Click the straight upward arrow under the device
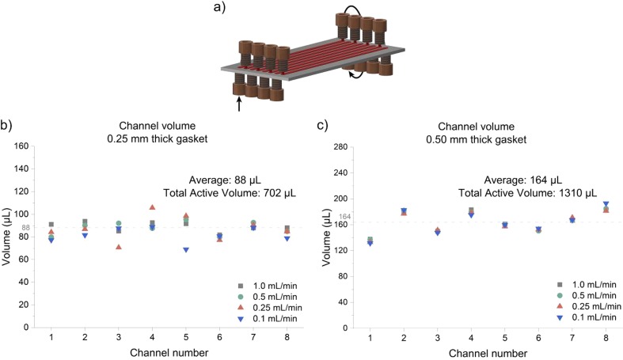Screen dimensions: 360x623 click(239, 102)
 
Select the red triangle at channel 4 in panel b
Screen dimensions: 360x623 click(152, 207)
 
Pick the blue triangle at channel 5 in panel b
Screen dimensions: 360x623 click(186, 250)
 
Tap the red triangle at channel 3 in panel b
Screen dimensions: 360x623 click(119, 247)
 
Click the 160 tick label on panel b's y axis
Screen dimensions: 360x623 click(23, 146)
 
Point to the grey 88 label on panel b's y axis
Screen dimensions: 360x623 click(25, 228)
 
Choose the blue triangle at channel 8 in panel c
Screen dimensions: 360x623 click(606, 204)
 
